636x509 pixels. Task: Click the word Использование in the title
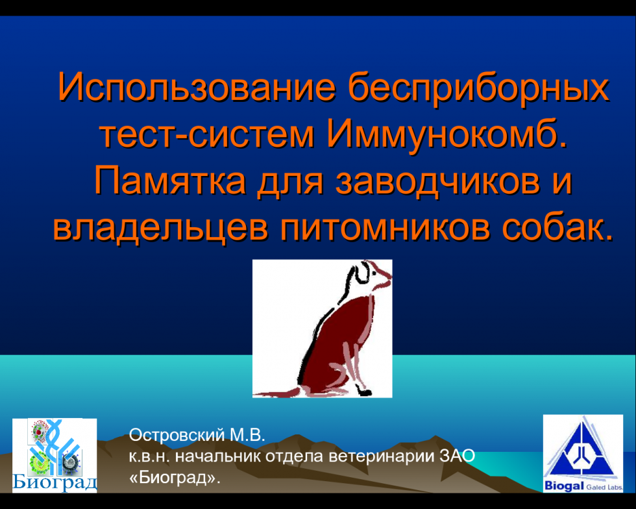[x=197, y=86]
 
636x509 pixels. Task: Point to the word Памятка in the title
[x=169, y=181]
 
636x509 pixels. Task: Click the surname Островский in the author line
[x=177, y=435]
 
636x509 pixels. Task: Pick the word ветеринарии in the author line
[x=382, y=457]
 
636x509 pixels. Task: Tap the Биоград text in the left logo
[x=55, y=482]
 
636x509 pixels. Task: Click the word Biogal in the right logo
[x=564, y=485]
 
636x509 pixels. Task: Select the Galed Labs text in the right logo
[x=604, y=487]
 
